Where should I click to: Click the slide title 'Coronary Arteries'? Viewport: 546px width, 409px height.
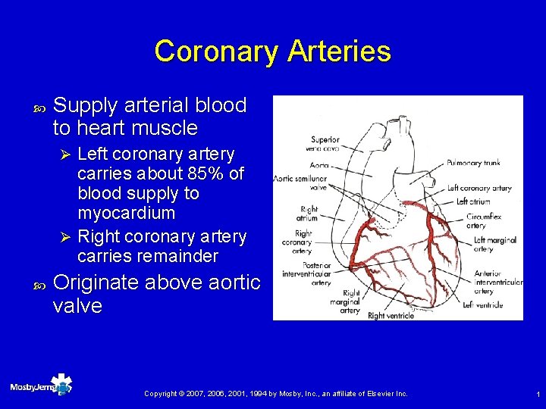click(x=272, y=52)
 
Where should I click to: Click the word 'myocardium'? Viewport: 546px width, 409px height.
click(x=127, y=213)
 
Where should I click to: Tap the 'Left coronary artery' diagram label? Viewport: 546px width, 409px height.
click(x=479, y=188)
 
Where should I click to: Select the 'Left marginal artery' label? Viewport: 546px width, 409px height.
click(x=494, y=245)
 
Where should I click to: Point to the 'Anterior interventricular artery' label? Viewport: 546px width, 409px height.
click(x=497, y=283)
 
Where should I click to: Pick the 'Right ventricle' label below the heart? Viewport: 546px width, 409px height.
click(x=391, y=315)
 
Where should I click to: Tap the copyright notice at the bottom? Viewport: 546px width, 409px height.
click(x=276, y=394)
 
